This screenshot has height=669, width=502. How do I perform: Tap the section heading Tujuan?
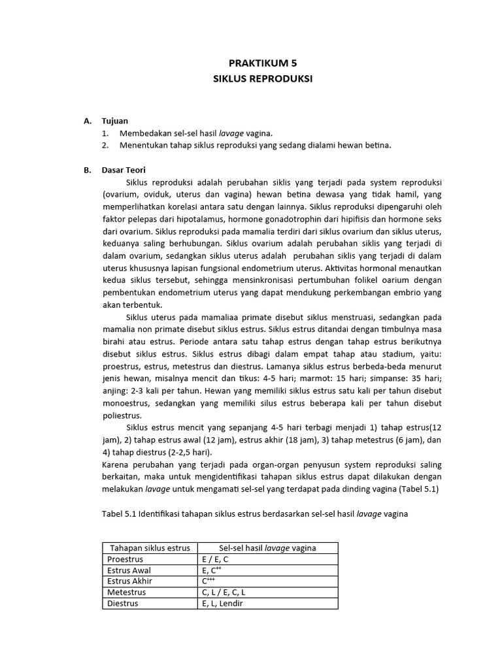[x=115, y=121]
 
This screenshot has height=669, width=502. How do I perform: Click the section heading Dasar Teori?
[x=124, y=170]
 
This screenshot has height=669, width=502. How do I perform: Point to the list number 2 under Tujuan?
[x=105, y=145]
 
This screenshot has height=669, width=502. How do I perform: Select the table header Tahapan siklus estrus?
[x=150, y=548]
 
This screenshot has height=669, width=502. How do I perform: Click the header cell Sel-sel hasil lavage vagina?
[x=268, y=548]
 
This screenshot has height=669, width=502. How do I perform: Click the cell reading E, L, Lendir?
[x=222, y=604]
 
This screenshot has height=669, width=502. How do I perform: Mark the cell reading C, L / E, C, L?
[x=224, y=593]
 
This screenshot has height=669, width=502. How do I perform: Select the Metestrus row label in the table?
[x=126, y=593]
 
